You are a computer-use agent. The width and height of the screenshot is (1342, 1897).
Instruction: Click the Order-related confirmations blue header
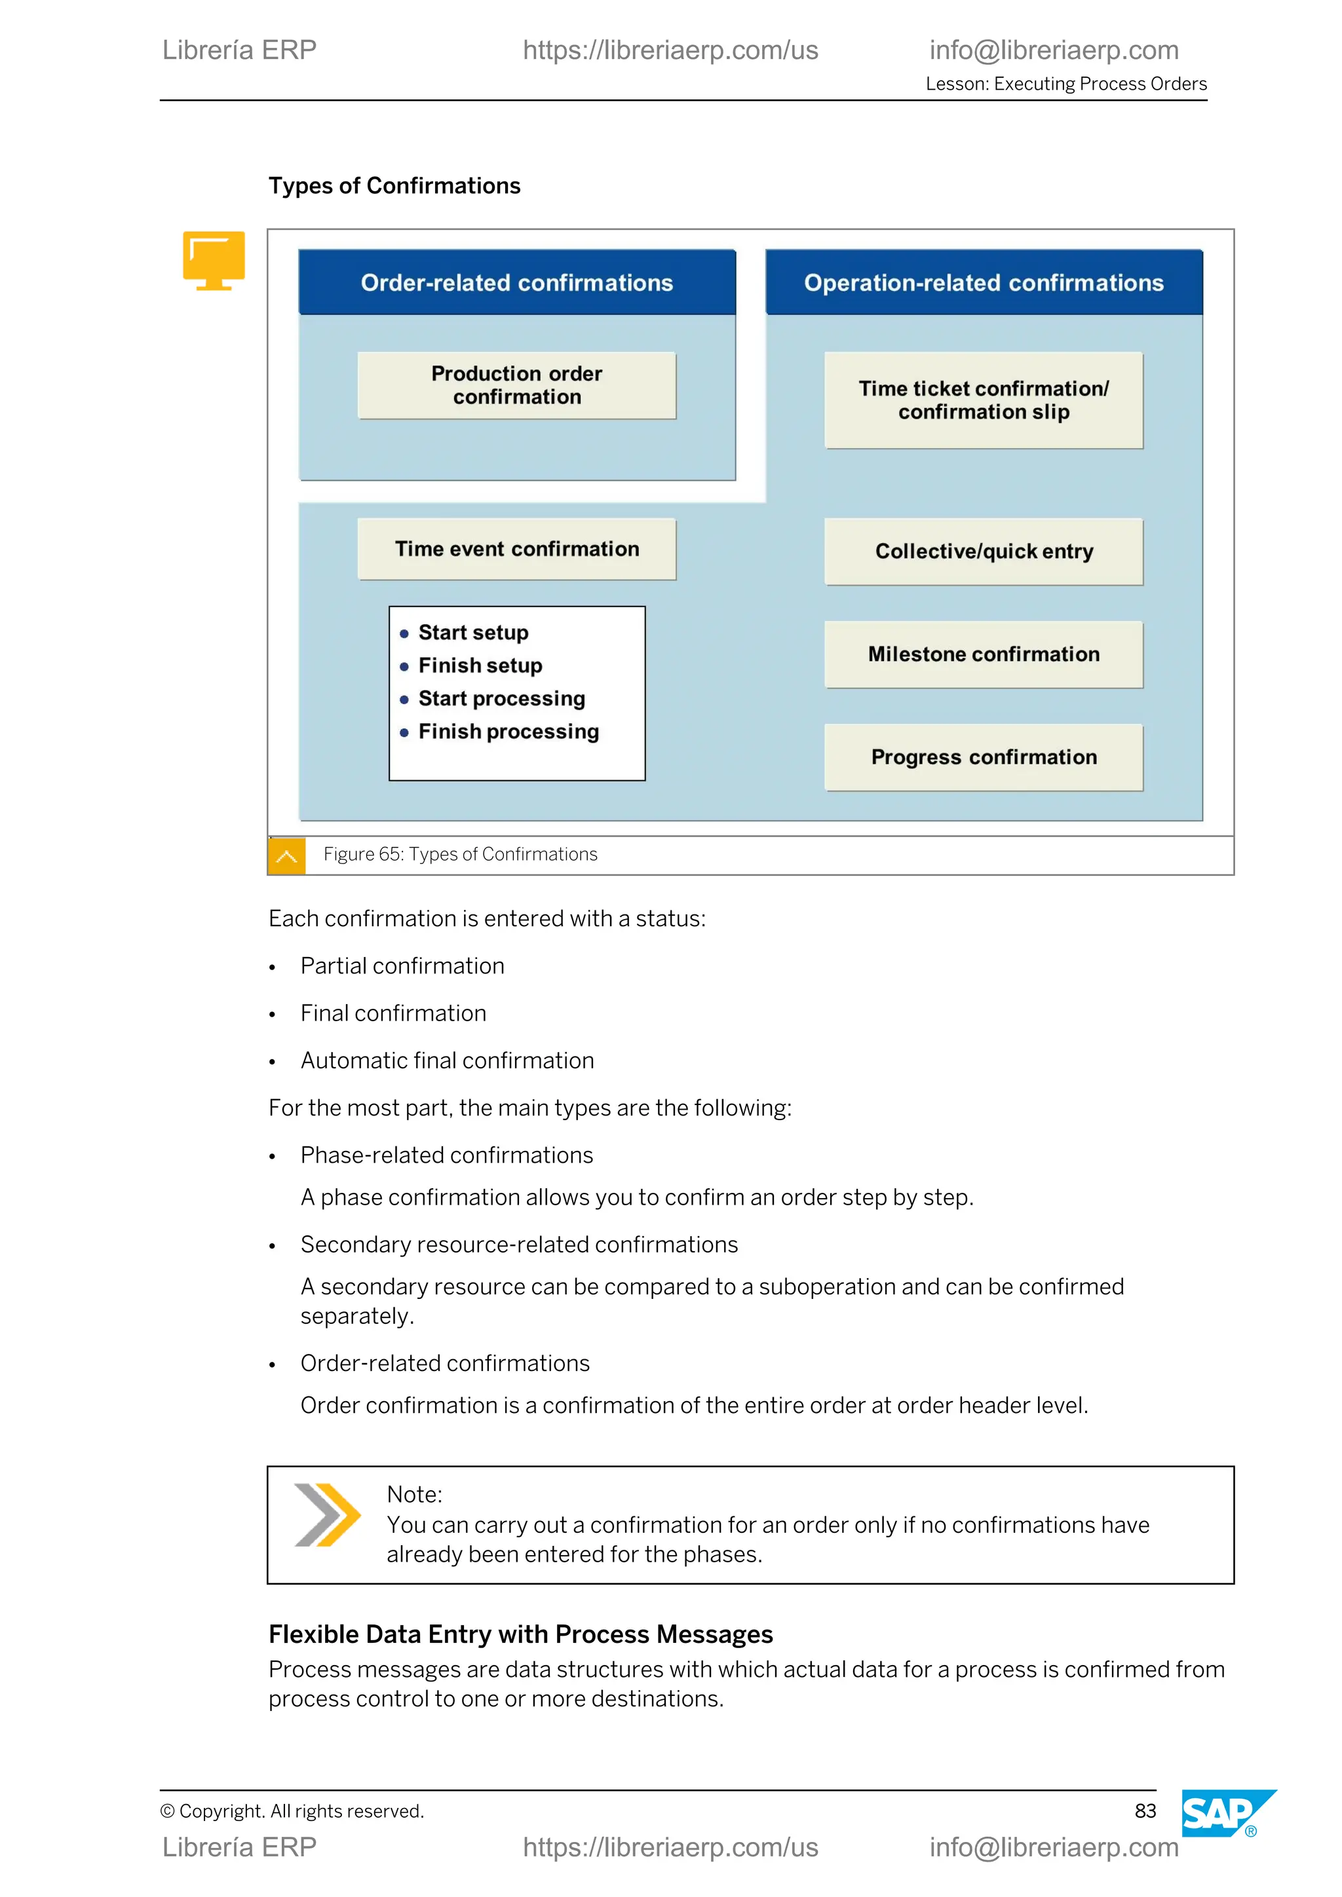(516, 282)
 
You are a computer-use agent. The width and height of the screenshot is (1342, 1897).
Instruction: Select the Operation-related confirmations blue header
(984, 282)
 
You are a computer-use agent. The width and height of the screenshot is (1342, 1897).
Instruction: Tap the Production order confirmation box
(516, 385)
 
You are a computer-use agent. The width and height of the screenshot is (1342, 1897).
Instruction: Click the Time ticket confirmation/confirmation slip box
(984, 400)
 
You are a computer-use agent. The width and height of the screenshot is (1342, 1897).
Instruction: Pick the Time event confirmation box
(516, 549)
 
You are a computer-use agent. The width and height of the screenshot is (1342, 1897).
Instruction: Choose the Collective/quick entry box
(984, 551)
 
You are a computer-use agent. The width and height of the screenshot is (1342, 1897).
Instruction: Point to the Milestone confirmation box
(984, 654)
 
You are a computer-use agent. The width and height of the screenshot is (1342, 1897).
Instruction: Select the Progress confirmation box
(984, 757)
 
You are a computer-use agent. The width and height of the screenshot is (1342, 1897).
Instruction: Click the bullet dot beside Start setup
(404, 633)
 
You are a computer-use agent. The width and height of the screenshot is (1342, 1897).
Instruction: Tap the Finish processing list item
(508, 731)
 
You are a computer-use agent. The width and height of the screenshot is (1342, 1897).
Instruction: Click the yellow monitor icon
(214, 260)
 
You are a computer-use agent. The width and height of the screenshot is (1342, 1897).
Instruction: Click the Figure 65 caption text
(460, 854)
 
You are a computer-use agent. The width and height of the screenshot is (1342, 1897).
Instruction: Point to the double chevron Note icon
(327, 1515)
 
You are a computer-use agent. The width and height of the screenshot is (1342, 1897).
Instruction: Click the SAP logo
(1222, 1814)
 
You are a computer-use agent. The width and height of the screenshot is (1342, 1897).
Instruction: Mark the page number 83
(1145, 1811)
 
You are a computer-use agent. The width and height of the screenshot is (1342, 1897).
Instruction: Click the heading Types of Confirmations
(394, 186)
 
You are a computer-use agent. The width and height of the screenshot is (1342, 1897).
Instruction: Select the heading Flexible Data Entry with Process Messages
(520, 1634)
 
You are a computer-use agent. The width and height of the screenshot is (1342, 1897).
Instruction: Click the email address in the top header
(1054, 50)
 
